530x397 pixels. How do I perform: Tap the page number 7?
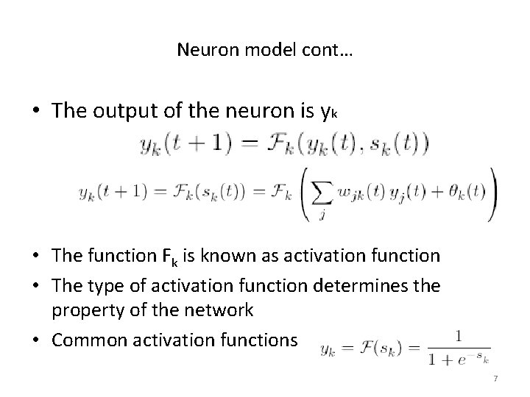(495, 378)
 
